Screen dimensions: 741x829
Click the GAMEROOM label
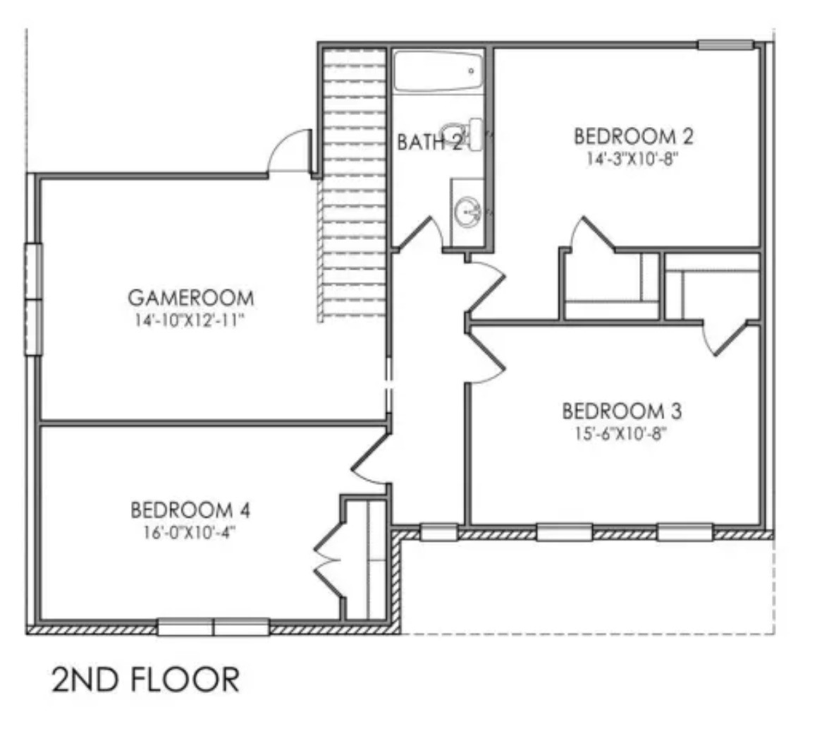tap(190, 297)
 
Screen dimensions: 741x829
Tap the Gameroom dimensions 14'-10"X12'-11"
tap(190, 320)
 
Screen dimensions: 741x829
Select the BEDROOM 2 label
tap(633, 135)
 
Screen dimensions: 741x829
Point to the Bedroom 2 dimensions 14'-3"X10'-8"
tap(633, 159)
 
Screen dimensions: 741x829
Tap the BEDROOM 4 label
tap(190, 509)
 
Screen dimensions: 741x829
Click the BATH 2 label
tap(429, 143)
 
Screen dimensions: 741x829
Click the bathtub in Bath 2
tap(437, 71)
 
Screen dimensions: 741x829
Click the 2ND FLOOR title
tap(145, 679)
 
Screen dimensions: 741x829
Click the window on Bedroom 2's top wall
tap(725, 45)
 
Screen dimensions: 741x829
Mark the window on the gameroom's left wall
tap(33, 299)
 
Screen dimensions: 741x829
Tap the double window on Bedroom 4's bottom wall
tap(213, 627)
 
